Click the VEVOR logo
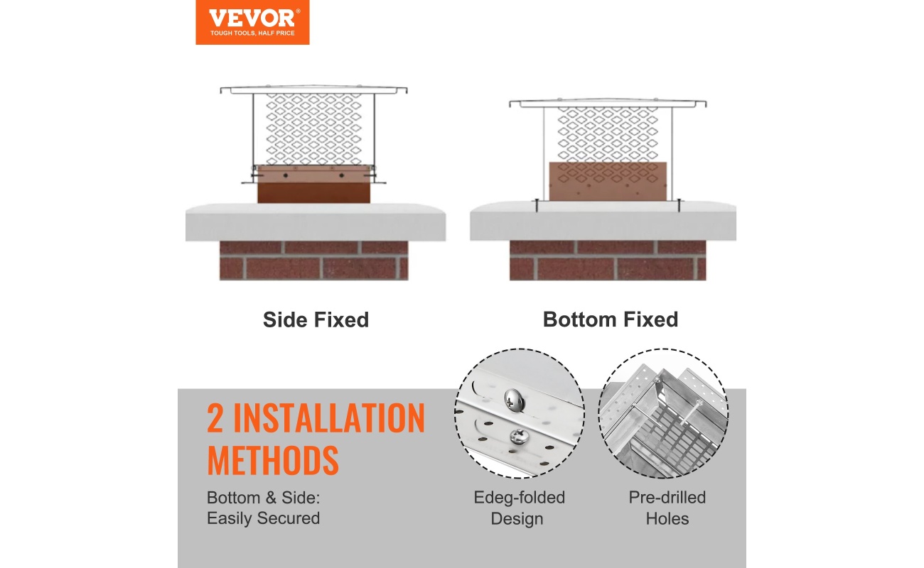(x=252, y=22)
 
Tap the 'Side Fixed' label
(x=316, y=320)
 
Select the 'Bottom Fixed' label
(x=611, y=319)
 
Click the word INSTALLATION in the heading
(x=329, y=418)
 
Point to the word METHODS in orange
(x=273, y=460)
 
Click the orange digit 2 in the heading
(x=215, y=418)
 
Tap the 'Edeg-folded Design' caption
(x=519, y=508)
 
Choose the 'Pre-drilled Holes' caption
(x=667, y=508)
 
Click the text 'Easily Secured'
(x=263, y=518)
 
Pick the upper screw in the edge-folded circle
(x=515, y=400)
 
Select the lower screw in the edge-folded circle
(x=517, y=437)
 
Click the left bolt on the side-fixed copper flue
(x=286, y=175)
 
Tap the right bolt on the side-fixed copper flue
(x=342, y=175)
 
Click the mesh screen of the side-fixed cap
(x=314, y=129)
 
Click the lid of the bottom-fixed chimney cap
(x=608, y=103)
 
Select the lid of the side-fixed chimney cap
(x=313, y=90)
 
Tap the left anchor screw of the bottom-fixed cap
(x=537, y=205)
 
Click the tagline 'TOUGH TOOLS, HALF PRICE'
(x=252, y=33)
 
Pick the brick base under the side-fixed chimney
(x=313, y=261)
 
